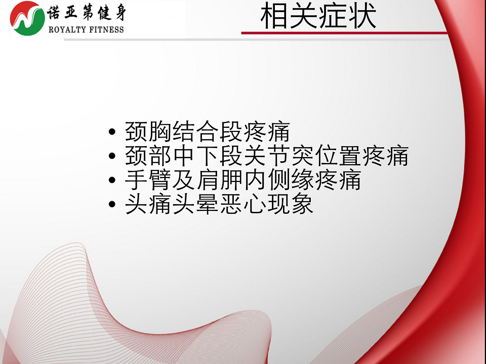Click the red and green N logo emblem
click(x=27, y=18)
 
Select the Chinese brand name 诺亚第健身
click(x=87, y=13)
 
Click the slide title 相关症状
click(x=318, y=16)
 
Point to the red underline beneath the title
click(x=344, y=33)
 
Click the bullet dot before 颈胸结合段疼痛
click(x=112, y=132)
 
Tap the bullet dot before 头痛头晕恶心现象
click(x=112, y=204)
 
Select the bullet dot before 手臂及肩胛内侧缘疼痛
click(x=112, y=180)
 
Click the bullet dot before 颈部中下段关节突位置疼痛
click(x=112, y=156)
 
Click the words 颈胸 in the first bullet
click(x=148, y=131)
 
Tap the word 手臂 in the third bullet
click(x=148, y=179)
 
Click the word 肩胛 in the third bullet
click(x=220, y=179)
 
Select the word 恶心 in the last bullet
click(x=244, y=204)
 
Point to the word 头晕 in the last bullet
click(x=195, y=204)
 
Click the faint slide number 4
click(x=457, y=336)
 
